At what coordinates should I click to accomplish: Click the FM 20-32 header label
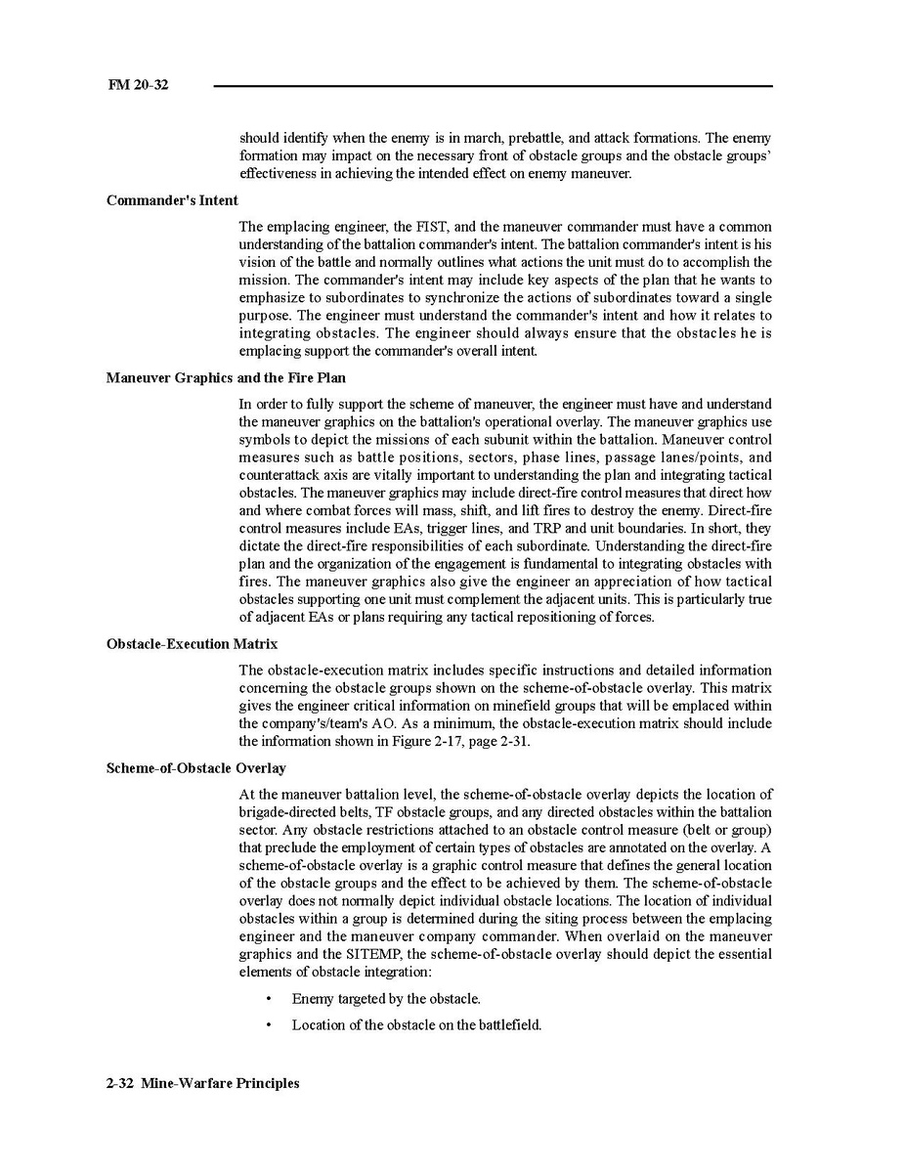pyautogui.click(x=138, y=85)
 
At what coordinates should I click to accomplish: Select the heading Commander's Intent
pyautogui.click(x=172, y=200)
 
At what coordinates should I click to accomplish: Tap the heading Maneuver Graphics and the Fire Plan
pyautogui.click(x=226, y=377)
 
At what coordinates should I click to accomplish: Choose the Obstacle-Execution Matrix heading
pyautogui.click(x=192, y=644)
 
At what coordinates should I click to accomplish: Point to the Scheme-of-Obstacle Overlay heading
pyautogui.click(x=195, y=768)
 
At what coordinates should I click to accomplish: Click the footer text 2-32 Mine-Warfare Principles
pyautogui.click(x=203, y=1083)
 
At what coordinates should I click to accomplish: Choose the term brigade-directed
pyautogui.click(x=289, y=812)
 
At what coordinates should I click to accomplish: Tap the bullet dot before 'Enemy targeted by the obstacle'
pyautogui.click(x=269, y=999)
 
